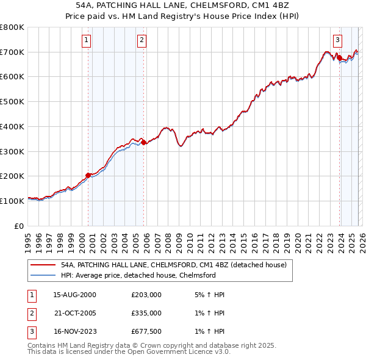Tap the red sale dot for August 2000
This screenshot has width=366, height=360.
click(x=88, y=175)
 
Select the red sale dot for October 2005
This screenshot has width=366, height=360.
click(x=144, y=143)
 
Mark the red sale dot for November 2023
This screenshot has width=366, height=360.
click(x=339, y=58)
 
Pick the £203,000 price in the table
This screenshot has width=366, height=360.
click(x=146, y=294)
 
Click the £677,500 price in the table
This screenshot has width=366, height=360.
click(x=146, y=331)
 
